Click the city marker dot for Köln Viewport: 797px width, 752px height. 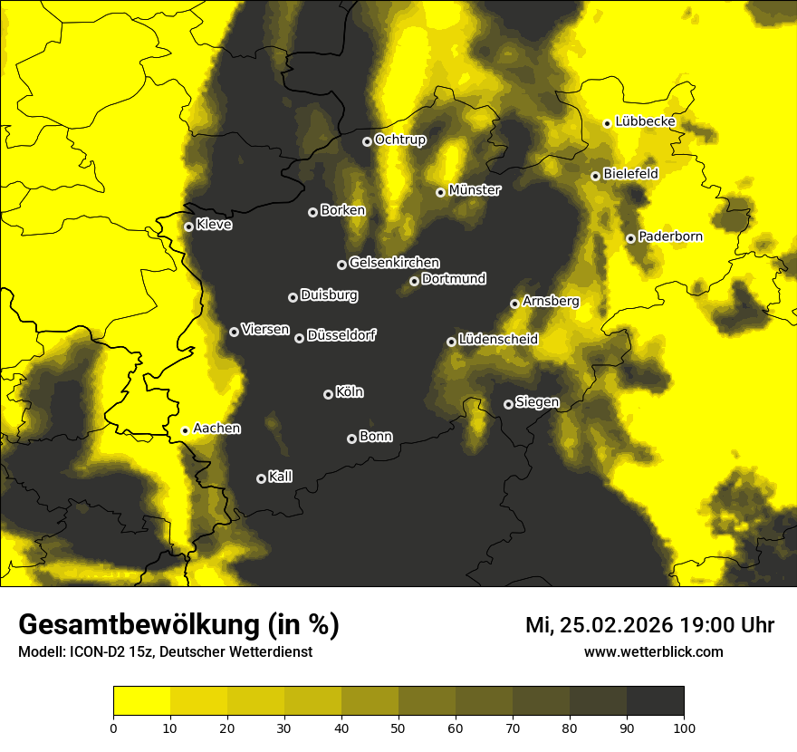pos(328,394)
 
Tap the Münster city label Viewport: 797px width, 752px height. pos(475,190)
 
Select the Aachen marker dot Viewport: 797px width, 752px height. pos(185,430)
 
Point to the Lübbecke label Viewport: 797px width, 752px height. pos(645,121)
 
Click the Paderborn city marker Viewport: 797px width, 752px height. pos(630,238)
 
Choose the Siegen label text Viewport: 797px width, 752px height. pos(537,402)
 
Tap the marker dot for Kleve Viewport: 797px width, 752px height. pos(188,227)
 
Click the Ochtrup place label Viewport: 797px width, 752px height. pos(399,140)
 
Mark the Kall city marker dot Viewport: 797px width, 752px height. pos(261,478)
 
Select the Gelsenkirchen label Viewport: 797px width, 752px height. pos(394,263)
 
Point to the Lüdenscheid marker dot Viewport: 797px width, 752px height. pos(451,342)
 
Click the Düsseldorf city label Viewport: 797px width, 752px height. pos(341,335)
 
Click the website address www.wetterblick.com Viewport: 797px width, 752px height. pos(653,651)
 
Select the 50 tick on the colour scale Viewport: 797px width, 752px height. pos(398,728)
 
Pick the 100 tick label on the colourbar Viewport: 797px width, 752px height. pos(683,728)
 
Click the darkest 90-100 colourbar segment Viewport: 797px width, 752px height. pos(655,701)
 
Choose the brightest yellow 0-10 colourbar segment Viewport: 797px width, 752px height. pos(141,701)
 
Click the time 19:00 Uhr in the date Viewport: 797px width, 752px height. pos(719,625)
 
